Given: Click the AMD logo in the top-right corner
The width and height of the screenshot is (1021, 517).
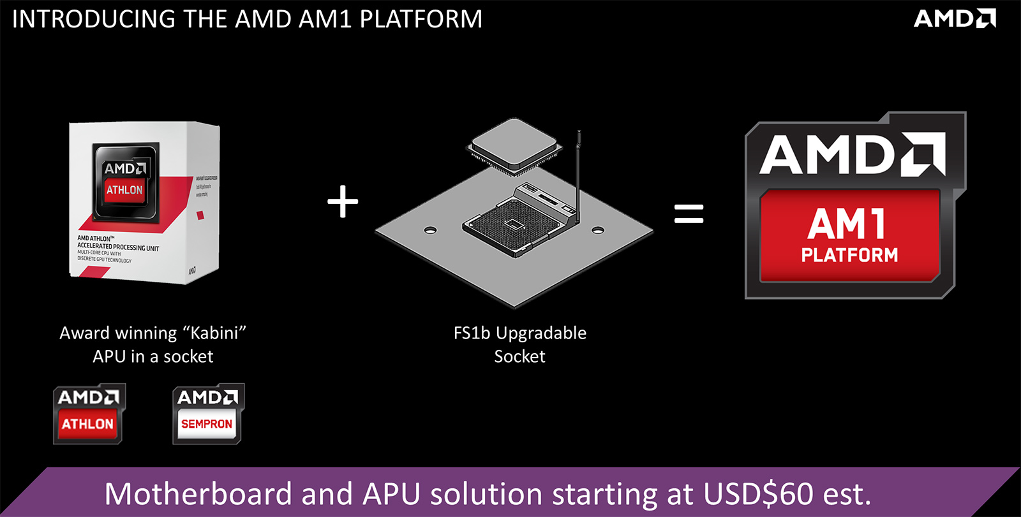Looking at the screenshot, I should pos(954,18).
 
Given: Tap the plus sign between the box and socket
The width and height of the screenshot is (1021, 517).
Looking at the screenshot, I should pos(343,201).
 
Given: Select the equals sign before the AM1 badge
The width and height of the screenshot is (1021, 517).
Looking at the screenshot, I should pos(689,214).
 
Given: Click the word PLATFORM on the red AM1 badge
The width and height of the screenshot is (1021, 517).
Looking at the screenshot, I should pos(849,256).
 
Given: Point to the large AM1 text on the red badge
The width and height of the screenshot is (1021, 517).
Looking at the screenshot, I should pos(847,224).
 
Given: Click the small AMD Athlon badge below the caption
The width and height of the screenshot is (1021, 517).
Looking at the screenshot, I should pos(88,414).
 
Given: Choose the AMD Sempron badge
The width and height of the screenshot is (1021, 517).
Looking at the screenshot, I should pos(207,414).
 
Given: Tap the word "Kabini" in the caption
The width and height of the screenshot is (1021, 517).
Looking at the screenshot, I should pos(214,333).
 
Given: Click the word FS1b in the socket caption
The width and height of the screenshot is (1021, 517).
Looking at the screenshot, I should pos(472,333).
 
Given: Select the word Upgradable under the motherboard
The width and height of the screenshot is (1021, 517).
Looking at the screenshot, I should pos(541,333).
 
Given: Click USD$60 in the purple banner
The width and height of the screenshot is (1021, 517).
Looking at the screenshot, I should pos(758,494).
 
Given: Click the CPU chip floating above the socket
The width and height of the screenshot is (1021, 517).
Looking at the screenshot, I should pos(515,146).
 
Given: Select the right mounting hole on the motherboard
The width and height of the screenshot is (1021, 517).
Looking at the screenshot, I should pos(598,230).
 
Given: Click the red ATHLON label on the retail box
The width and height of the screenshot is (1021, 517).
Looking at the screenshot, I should pos(124,190).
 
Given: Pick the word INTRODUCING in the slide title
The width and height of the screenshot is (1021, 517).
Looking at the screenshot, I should pos(95,19).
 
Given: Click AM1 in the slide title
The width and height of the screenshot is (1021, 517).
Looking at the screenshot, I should pos(325,19).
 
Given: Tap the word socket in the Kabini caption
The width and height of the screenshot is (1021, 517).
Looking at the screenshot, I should pos(188,356).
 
